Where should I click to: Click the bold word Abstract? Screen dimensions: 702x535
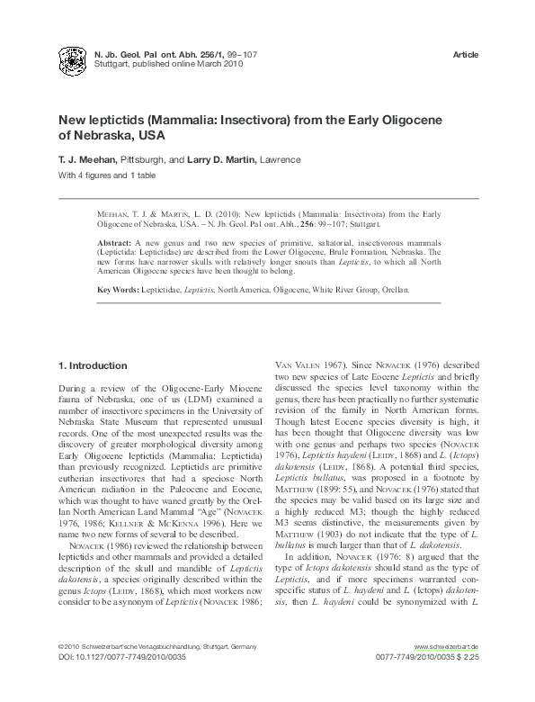pyautogui.click(x=113, y=244)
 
